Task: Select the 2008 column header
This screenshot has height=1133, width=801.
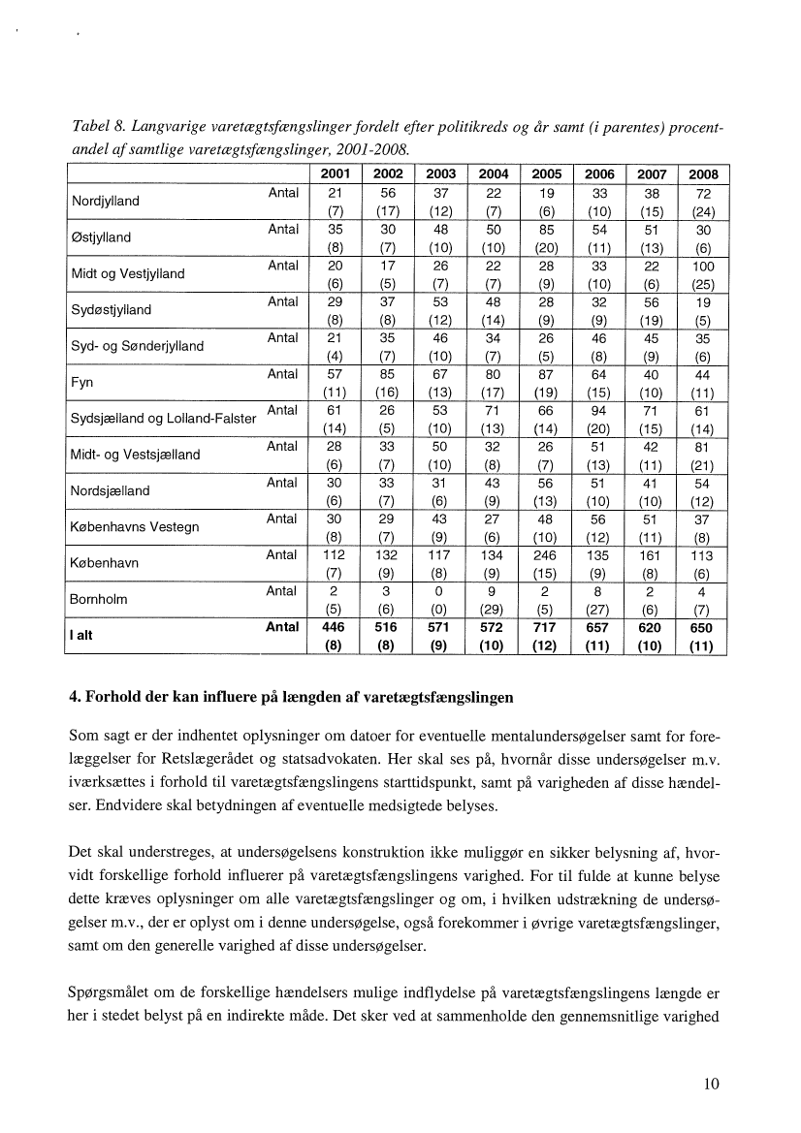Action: tap(702, 175)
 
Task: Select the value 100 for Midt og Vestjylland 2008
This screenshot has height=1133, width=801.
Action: tap(702, 266)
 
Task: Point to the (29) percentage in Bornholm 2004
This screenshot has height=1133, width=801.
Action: tap(495, 610)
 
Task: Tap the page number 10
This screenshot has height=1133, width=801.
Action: tap(712, 1085)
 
